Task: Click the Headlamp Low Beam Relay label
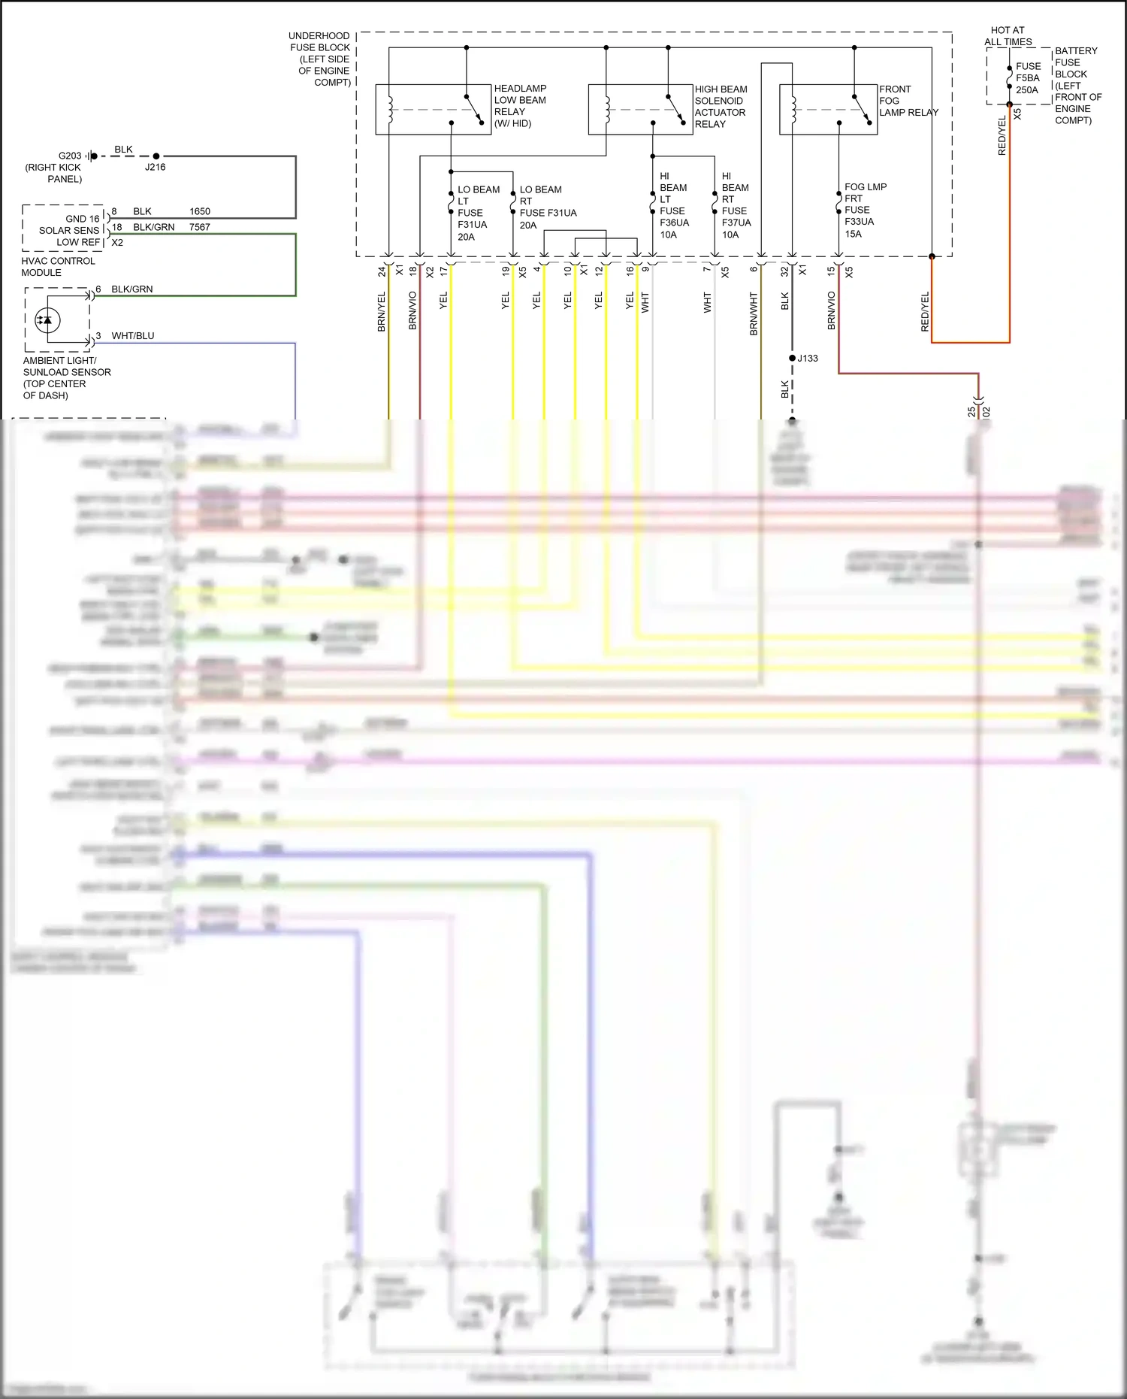[x=520, y=106]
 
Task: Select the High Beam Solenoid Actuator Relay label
[x=720, y=107]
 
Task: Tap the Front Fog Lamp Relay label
[x=908, y=101]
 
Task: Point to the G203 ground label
[x=70, y=156]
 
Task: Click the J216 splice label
[x=155, y=167]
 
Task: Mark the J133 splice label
[x=808, y=359]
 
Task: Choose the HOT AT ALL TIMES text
[x=1008, y=36]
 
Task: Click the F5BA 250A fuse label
[x=1028, y=78]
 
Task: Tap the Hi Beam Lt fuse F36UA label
[x=672, y=205]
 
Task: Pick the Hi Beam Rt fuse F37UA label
[x=735, y=205]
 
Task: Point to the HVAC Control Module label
[x=58, y=267]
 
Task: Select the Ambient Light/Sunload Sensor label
[x=66, y=378]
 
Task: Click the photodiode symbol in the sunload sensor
[x=48, y=320]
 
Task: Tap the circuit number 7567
[x=200, y=227]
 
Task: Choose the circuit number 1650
[x=200, y=211]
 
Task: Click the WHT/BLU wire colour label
[x=133, y=336]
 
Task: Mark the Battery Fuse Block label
[x=1077, y=86]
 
